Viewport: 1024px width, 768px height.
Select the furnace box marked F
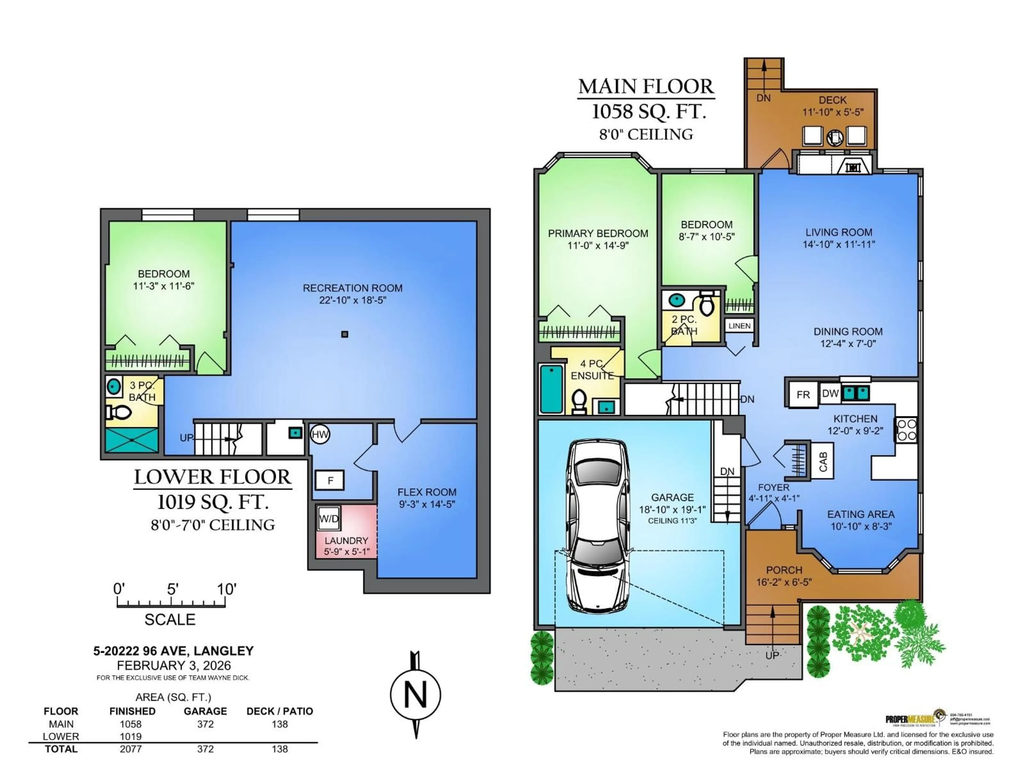pos(330,481)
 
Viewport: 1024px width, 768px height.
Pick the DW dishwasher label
pos(830,394)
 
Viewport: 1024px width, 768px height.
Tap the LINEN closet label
pos(739,326)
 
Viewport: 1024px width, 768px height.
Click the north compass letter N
pos(415,695)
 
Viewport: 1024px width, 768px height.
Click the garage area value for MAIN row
pos(205,724)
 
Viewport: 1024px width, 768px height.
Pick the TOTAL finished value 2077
pos(131,749)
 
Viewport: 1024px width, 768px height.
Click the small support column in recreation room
pos(345,334)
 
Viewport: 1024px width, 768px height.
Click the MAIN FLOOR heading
pos(646,87)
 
